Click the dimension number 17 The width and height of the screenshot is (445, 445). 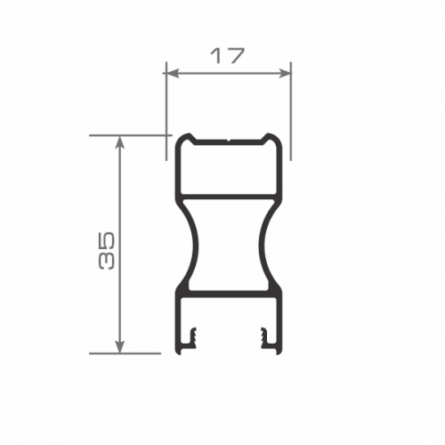[228, 56]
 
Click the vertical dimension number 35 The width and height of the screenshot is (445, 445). [106, 251]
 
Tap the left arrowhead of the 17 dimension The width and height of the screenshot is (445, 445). [173, 73]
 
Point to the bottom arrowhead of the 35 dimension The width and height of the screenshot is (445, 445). [119, 347]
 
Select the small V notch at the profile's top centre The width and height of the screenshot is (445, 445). [228, 140]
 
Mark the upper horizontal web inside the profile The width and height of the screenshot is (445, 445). [228, 197]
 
